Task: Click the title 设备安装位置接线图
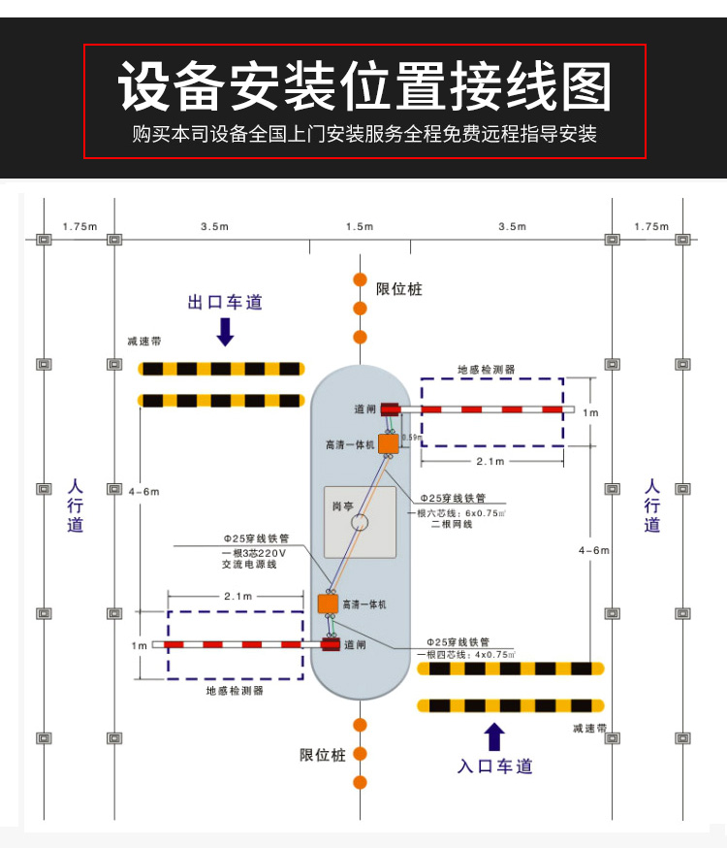(x=364, y=86)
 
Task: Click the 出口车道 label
(x=225, y=303)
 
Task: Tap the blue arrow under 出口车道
(x=225, y=332)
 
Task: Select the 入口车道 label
(x=495, y=766)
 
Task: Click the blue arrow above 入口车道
(x=495, y=736)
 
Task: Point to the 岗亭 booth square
(x=360, y=522)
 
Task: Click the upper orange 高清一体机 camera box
(x=389, y=444)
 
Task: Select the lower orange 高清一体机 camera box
(x=328, y=603)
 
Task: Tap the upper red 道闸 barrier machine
(x=391, y=409)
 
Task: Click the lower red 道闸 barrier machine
(x=331, y=643)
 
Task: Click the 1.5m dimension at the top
(x=360, y=226)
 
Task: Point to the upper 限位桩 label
(x=399, y=289)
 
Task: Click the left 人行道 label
(x=76, y=504)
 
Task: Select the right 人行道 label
(x=652, y=504)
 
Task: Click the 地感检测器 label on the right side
(x=487, y=370)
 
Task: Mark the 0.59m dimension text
(x=411, y=438)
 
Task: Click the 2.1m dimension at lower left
(x=237, y=596)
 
